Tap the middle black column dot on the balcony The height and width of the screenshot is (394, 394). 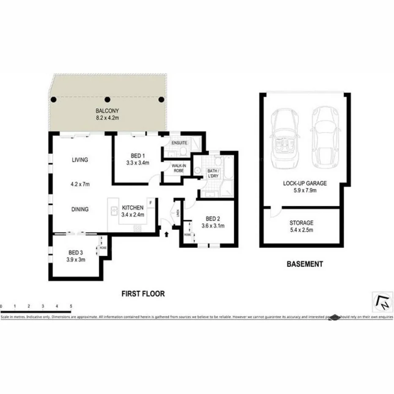tap(107, 100)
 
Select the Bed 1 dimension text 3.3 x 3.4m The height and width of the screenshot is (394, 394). tap(137, 162)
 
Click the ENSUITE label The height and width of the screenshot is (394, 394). tap(179, 143)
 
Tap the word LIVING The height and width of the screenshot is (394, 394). tap(80, 160)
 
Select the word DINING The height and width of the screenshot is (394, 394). tap(80, 209)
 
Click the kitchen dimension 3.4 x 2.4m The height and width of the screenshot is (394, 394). tap(133, 214)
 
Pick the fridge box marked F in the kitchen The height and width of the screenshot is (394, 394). tap(150, 202)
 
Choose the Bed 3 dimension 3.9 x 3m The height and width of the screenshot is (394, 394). tap(77, 260)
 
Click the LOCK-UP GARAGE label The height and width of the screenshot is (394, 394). tap(305, 183)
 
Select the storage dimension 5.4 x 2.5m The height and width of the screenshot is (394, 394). tap(301, 230)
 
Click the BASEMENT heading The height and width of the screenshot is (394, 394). tap(305, 264)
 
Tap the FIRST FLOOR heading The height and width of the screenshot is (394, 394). tap(143, 293)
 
